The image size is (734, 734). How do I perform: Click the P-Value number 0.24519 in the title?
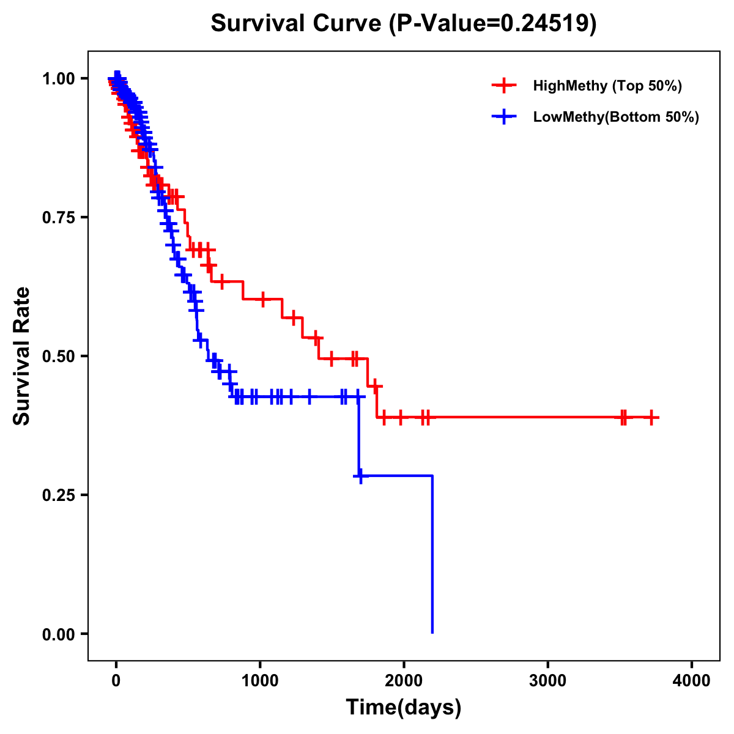tap(544, 23)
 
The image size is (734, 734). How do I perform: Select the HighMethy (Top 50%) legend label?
tap(607, 86)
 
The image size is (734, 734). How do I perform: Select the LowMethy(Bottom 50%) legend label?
tap(616, 117)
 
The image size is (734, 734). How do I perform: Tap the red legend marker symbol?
tap(504, 86)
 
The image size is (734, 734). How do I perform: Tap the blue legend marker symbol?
tap(504, 117)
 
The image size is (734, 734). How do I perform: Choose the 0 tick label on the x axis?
tap(116, 681)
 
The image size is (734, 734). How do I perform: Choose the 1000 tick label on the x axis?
tap(260, 681)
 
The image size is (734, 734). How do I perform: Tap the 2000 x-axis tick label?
tap(404, 681)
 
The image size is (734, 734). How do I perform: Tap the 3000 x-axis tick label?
tap(547, 681)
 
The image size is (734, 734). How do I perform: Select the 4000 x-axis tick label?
tap(692, 681)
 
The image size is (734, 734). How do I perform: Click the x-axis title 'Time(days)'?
tap(404, 708)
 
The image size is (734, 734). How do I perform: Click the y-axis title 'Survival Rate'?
tap(22, 356)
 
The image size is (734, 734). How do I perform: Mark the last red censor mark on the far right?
tap(652, 418)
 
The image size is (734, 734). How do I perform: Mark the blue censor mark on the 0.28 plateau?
tap(361, 475)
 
